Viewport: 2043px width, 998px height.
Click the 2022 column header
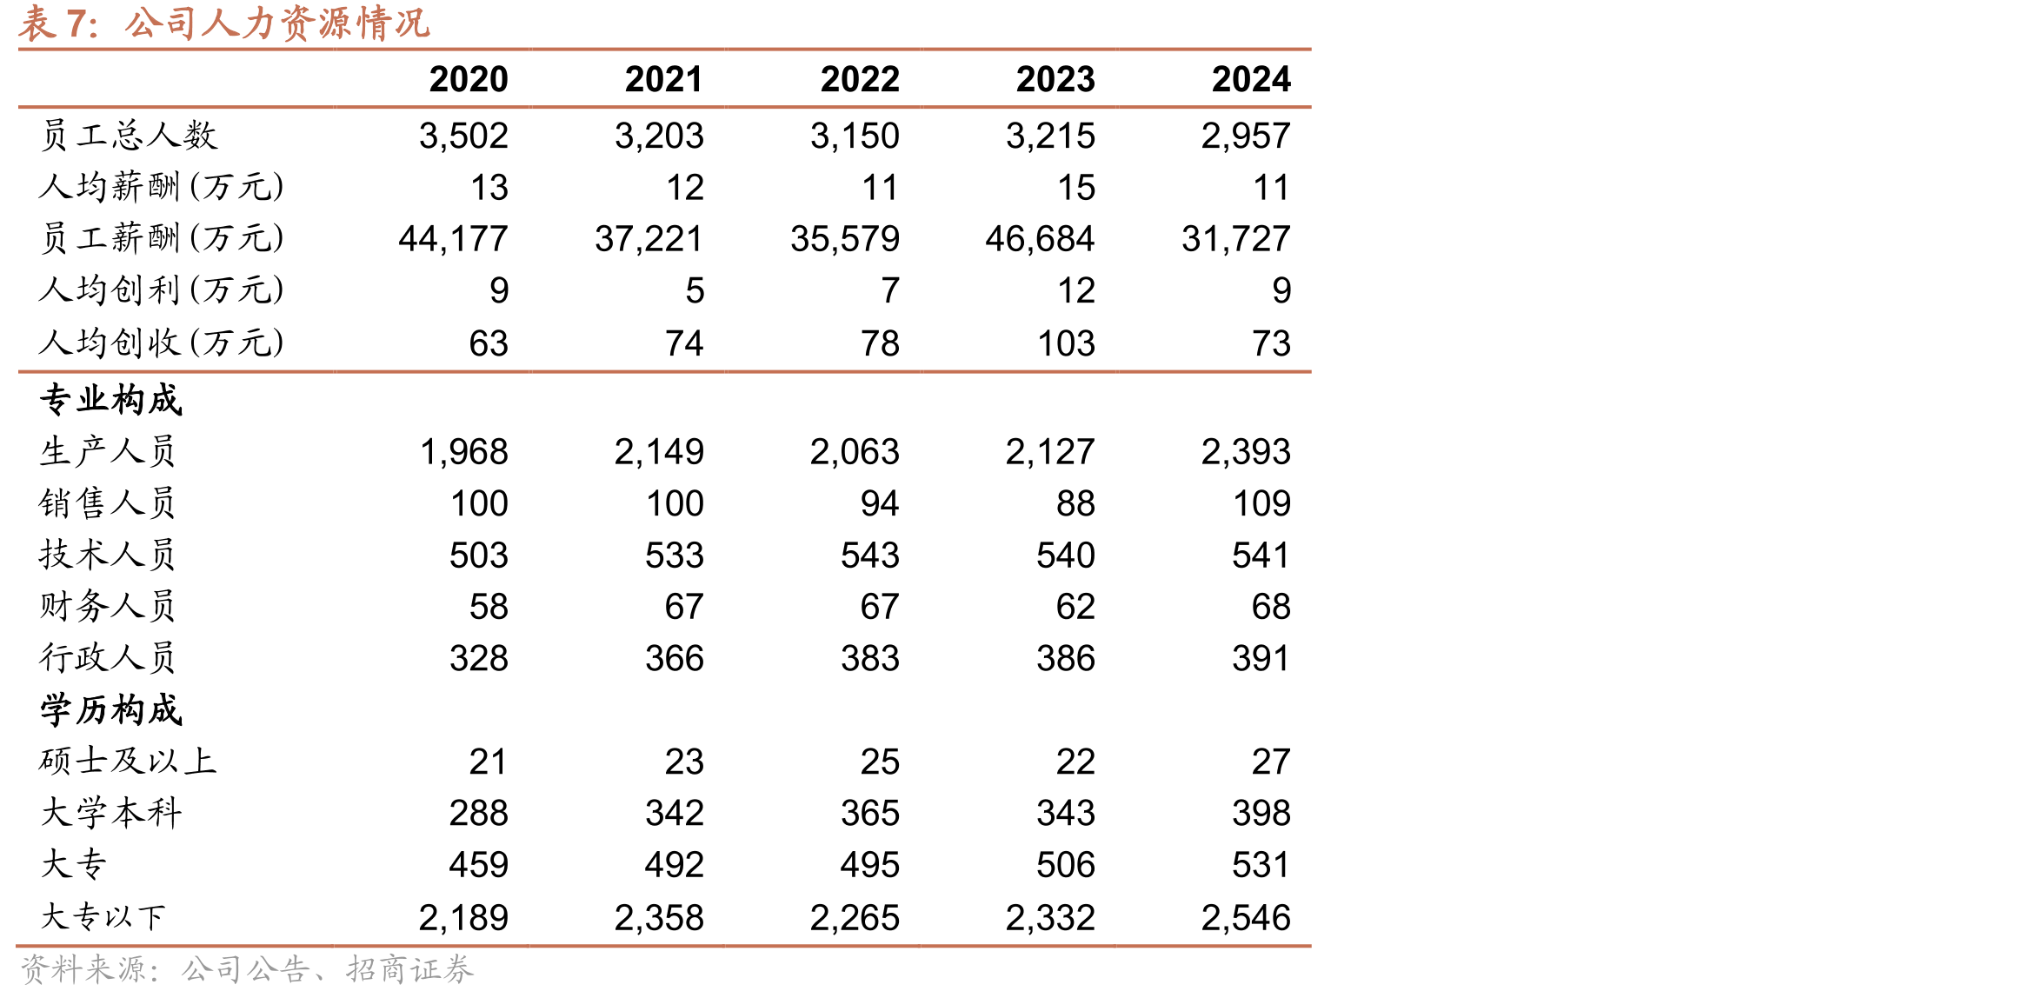(x=860, y=79)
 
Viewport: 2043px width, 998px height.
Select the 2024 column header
(x=1251, y=79)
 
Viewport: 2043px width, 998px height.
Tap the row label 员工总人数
(x=129, y=136)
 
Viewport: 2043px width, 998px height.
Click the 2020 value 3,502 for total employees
(x=463, y=136)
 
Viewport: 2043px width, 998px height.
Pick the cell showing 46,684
(x=1040, y=239)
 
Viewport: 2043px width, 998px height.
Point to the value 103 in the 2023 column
(x=1067, y=343)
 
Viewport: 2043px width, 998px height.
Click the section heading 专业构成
(x=111, y=400)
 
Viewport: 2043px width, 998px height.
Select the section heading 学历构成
(x=111, y=710)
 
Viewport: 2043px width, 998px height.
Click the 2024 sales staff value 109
(x=1262, y=503)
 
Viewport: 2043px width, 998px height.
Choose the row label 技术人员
(x=108, y=555)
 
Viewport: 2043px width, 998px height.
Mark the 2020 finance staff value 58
(x=489, y=607)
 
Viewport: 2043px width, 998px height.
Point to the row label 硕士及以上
(x=128, y=762)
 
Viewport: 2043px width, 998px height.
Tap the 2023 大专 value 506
(x=1066, y=865)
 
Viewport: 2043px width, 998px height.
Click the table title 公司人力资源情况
(x=277, y=23)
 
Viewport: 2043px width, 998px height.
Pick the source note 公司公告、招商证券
(x=327, y=969)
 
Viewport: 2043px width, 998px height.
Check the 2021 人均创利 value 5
(x=695, y=291)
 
